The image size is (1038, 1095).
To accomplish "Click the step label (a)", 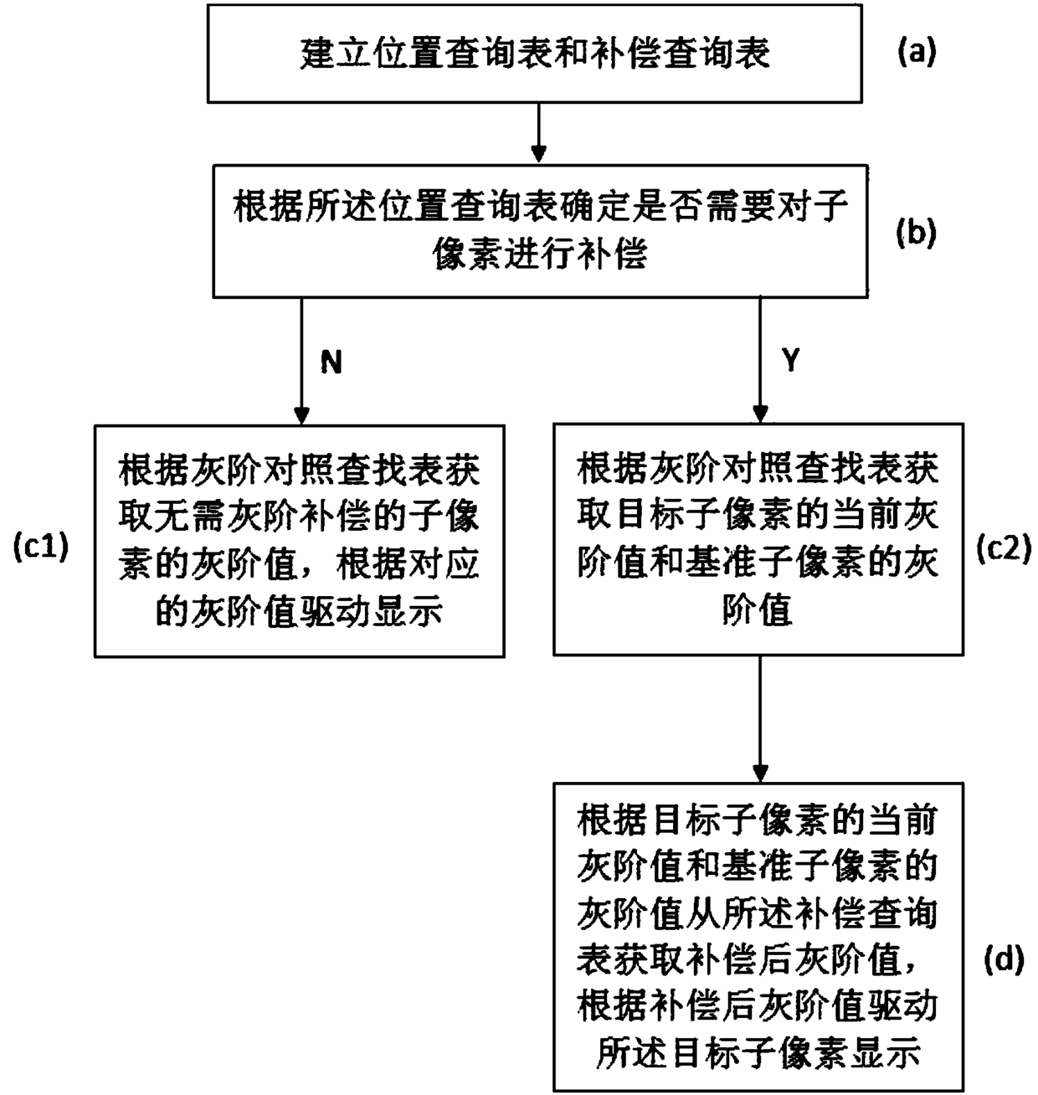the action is pyautogui.click(x=916, y=53).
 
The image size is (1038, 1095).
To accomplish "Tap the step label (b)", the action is pyautogui.click(x=916, y=234).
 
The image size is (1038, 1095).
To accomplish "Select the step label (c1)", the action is pyautogui.click(x=41, y=547).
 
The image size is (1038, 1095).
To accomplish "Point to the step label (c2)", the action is pyautogui.click(x=1004, y=548).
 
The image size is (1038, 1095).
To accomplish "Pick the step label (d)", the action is pyautogui.click(x=1004, y=960).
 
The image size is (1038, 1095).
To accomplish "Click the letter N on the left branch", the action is pyautogui.click(x=331, y=362).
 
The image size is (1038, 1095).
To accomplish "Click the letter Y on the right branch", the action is pyautogui.click(x=790, y=360).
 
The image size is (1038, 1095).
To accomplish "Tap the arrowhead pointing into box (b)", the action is pyautogui.click(x=538, y=154).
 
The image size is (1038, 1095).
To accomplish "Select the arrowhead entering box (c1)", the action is pyautogui.click(x=301, y=415).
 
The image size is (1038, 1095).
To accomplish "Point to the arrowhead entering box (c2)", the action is pyautogui.click(x=761, y=414).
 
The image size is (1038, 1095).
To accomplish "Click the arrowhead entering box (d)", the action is pyautogui.click(x=761, y=774).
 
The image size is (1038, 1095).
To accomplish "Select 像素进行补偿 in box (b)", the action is pyautogui.click(x=540, y=254).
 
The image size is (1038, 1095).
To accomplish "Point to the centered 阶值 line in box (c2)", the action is pyautogui.click(x=758, y=609).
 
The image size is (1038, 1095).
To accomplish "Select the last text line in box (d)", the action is pyautogui.click(x=758, y=1052).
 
